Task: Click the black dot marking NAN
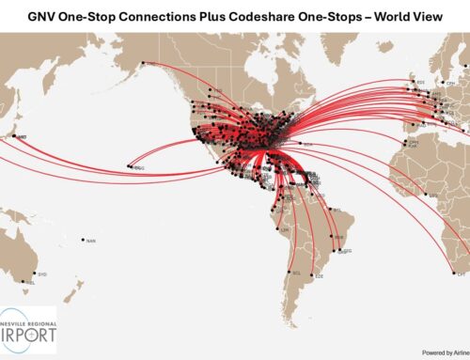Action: (83, 240)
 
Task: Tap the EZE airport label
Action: (320, 276)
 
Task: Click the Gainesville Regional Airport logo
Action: (29, 329)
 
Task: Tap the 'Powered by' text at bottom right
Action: (438, 352)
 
